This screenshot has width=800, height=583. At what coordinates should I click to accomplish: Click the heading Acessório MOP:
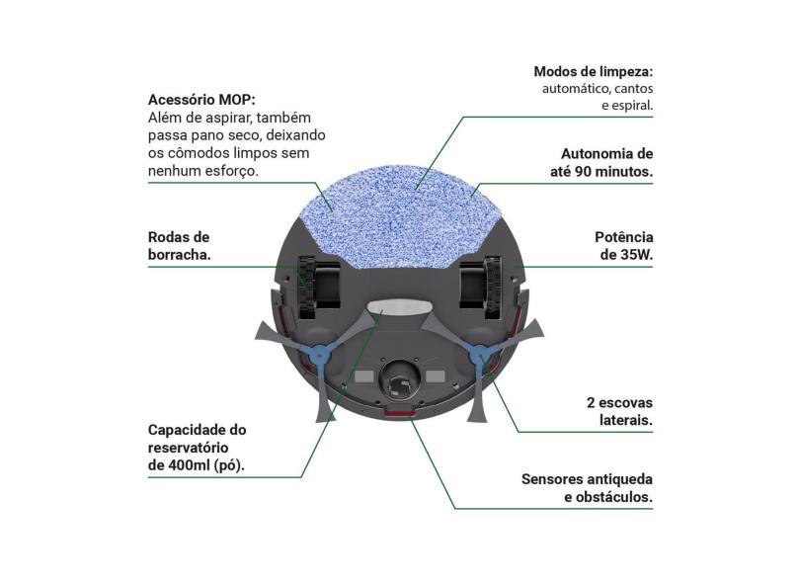pos(201,100)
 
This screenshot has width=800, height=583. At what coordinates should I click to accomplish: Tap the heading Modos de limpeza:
pos(594,71)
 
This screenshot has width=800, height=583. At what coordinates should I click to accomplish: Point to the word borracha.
pos(180,254)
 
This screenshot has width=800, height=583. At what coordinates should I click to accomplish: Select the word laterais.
pos(626,421)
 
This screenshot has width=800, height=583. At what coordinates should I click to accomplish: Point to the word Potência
pos(624,237)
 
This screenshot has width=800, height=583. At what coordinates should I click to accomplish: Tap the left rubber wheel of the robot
pos(305,288)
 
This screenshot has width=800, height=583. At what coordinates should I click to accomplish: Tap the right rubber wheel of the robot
pos(493,288)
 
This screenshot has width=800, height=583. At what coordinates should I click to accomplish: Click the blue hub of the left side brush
pos(319,354)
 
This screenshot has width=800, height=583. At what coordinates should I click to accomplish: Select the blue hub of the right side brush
pos(480,354)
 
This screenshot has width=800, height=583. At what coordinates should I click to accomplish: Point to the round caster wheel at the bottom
pos(399,380)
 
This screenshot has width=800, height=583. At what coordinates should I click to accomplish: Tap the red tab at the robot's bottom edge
pos(399,410)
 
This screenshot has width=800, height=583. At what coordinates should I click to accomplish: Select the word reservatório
pos(189,448)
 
